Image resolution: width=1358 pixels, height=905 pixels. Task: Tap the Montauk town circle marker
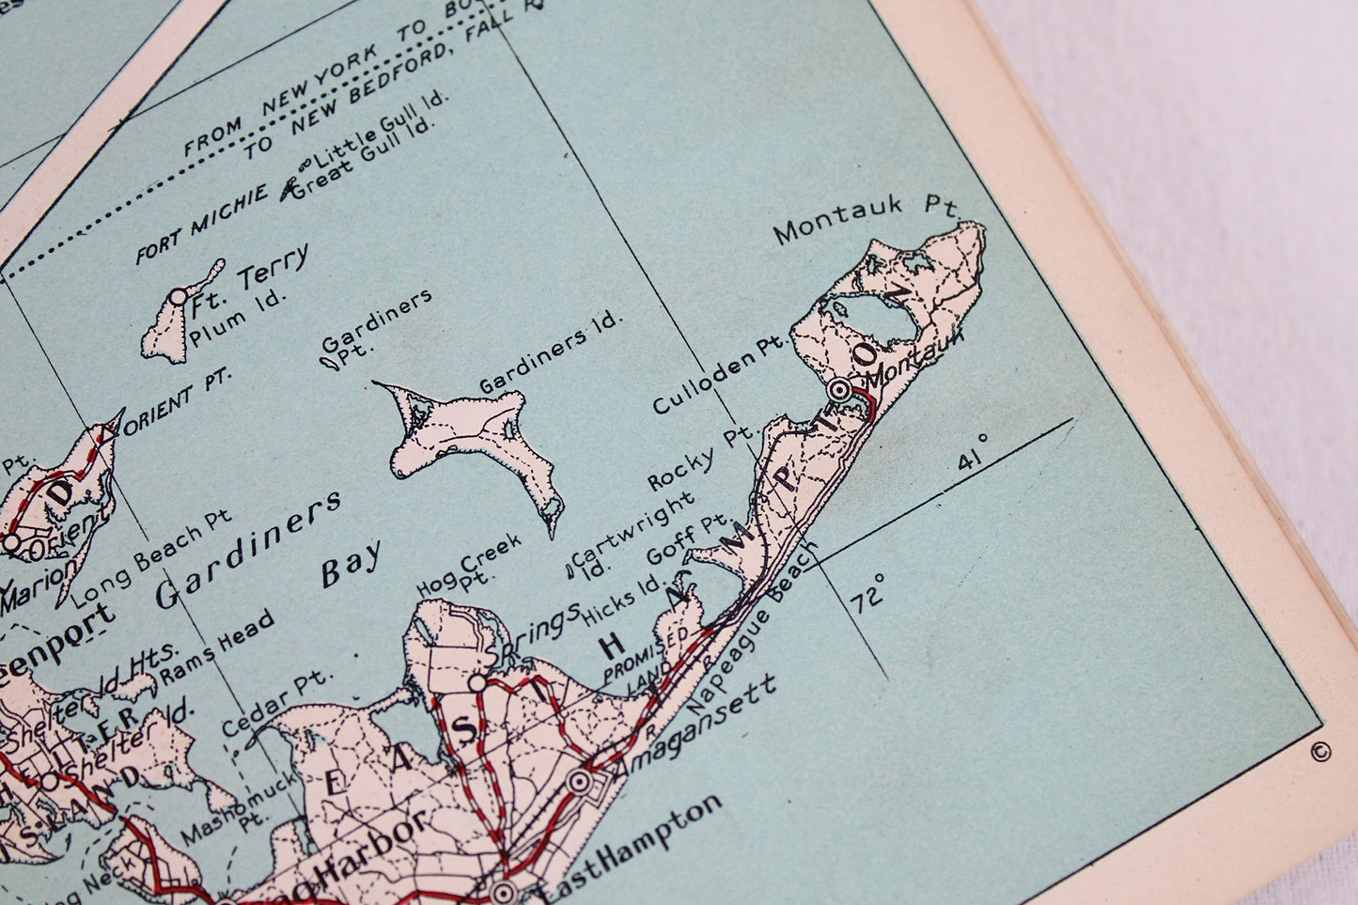click(841, 389)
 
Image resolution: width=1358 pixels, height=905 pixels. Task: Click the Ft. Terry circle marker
click(178, 297)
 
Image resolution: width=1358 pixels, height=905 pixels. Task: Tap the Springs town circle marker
click(478, 680)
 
